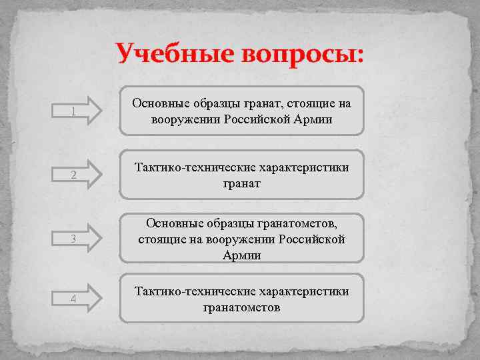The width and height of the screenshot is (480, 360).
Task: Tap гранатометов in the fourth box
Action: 241,307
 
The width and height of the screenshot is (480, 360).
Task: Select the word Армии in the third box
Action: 241,255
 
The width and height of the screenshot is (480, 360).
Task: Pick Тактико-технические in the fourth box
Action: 189,291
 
